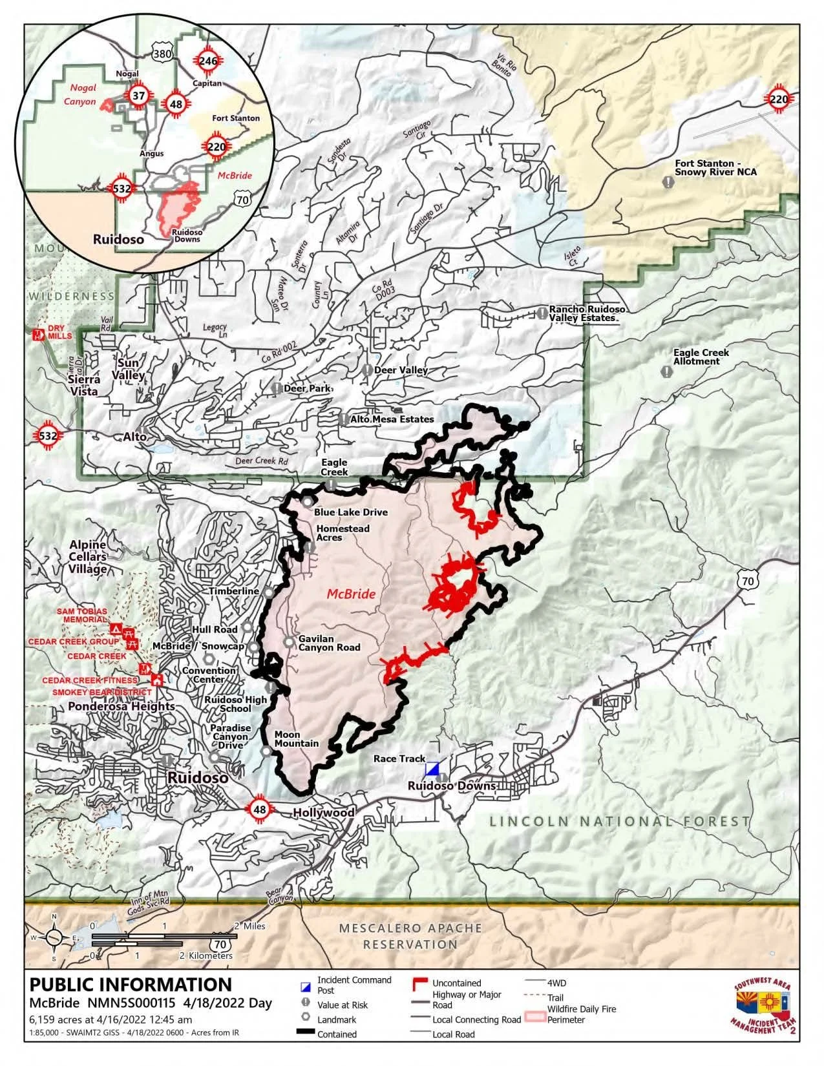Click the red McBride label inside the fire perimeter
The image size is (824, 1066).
click(x=351, y=594)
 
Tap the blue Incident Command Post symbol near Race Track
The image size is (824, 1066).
click(x=432, y=769)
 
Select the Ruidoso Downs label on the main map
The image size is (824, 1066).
click(x=452, y=786)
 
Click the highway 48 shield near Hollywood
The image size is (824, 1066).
click(x=260, y=810)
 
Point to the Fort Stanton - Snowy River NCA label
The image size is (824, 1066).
click(x=715, y=168)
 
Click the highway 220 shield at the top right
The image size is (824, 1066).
click(x=779, y=99)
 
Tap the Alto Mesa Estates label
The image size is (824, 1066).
click(x=392, y=419)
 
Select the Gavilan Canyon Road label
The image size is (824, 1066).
click(x=329, y=643)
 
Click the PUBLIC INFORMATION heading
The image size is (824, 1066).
click(x=131, y=985)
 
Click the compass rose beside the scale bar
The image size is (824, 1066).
click(x=54, y=937)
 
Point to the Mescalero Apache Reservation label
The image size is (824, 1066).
click(x=410, y=936)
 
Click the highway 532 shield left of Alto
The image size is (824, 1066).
click(x=48, y=435)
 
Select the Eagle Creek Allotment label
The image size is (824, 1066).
click(x=701, y=357)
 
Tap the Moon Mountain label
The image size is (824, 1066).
click(x=296, y=739)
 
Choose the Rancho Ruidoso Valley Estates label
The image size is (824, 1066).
click(x=587, y=313)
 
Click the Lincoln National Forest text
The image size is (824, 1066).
click(x=620, y=822)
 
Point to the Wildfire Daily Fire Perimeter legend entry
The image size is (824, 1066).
click(x=581, y=1014)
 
